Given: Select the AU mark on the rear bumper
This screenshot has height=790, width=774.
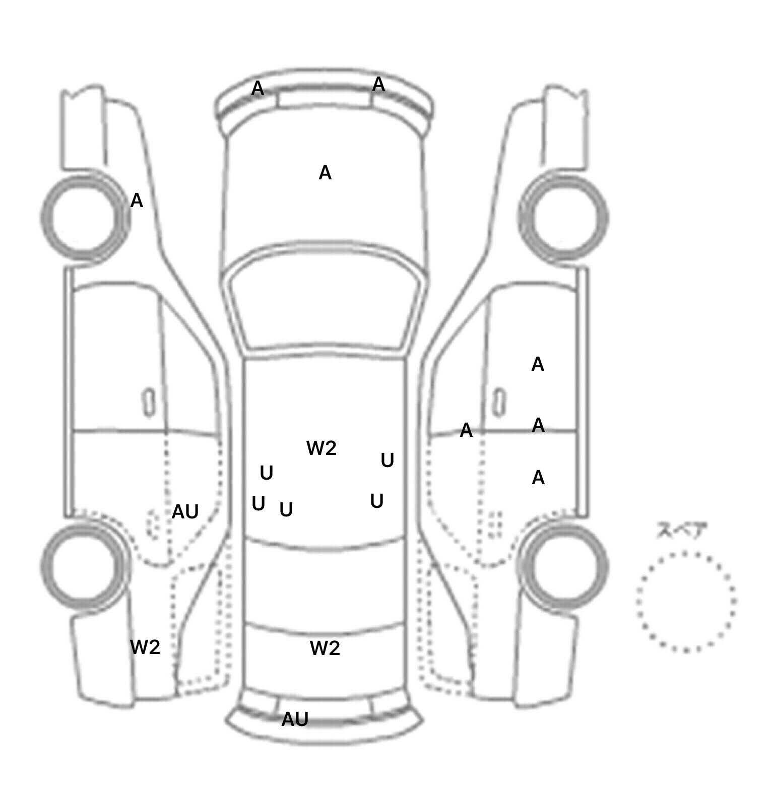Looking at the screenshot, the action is click(295, 719).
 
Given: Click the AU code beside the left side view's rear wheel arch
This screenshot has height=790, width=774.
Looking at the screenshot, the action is click(185, 512).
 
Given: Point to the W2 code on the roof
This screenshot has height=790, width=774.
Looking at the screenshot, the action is click(321, 448).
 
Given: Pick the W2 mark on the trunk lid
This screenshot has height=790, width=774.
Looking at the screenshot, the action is click(325, 648).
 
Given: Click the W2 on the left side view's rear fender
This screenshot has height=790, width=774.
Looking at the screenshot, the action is click(145, 647).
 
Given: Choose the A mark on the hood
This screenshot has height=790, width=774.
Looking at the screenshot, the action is click(325, 173).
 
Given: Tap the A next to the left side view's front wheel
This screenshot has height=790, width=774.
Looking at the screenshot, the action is click(137, 201).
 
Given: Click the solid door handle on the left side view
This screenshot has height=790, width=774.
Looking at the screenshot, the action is click(148, 403).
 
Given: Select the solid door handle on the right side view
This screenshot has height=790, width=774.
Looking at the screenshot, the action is click(499, 403).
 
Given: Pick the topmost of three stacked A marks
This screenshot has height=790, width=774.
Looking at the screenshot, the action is click(538, 364).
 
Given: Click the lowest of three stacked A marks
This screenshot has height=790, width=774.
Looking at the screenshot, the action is click(538, 478).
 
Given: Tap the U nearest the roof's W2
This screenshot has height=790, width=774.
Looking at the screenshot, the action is click(266, 473).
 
